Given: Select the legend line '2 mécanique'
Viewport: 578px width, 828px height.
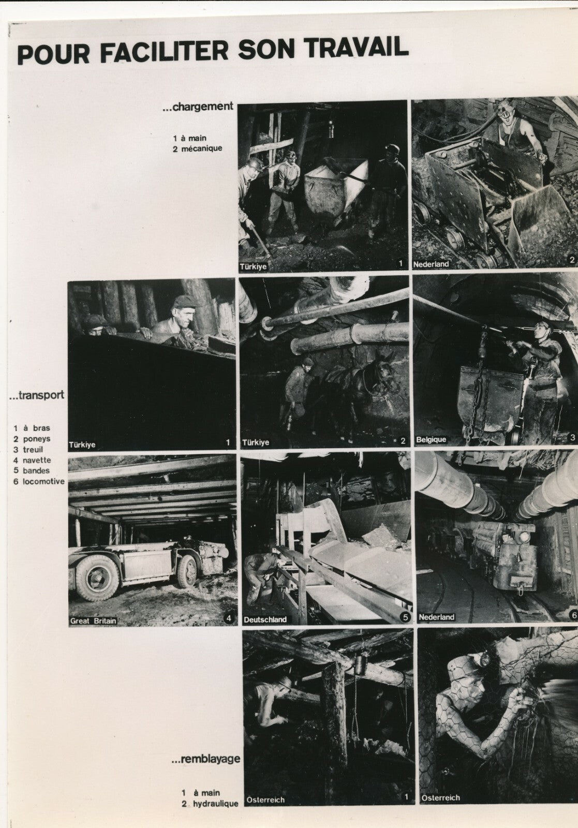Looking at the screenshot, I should pos(198,148).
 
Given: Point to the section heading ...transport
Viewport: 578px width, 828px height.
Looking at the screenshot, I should pos(37,395).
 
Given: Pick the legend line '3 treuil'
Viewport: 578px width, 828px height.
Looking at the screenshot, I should pos(29,450).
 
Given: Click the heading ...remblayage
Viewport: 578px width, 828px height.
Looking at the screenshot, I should pos(205,759).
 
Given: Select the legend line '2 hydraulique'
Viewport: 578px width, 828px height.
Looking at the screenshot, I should pos(210,804).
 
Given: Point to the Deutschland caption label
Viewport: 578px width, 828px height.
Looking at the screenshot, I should pos(265,619).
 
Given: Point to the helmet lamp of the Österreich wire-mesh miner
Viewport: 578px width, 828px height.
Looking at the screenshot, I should pos(485,659).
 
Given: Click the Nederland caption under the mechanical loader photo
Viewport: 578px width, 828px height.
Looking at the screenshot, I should pos(431,264).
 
